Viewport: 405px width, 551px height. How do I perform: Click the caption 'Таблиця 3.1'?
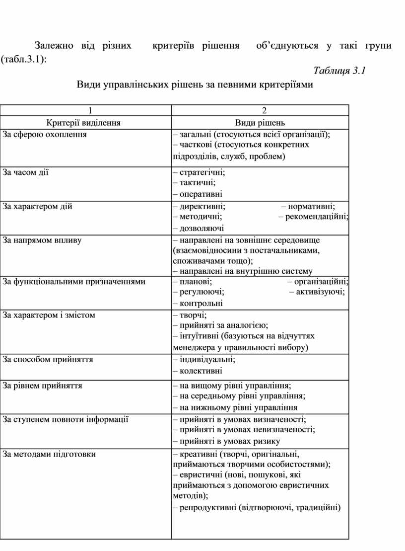coord(340,71)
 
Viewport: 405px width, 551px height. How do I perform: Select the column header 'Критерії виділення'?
coord(83,123)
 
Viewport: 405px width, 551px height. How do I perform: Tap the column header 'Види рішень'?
coord(260,123)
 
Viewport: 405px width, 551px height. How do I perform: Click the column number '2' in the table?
coord(264,111)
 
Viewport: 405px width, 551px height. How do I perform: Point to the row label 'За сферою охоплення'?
coord(45,134)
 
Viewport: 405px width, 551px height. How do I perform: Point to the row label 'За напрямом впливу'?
coord(42,240)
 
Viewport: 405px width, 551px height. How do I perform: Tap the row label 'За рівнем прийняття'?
coord(43,385)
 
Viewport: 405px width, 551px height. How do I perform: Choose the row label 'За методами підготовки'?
coord(50,454)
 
